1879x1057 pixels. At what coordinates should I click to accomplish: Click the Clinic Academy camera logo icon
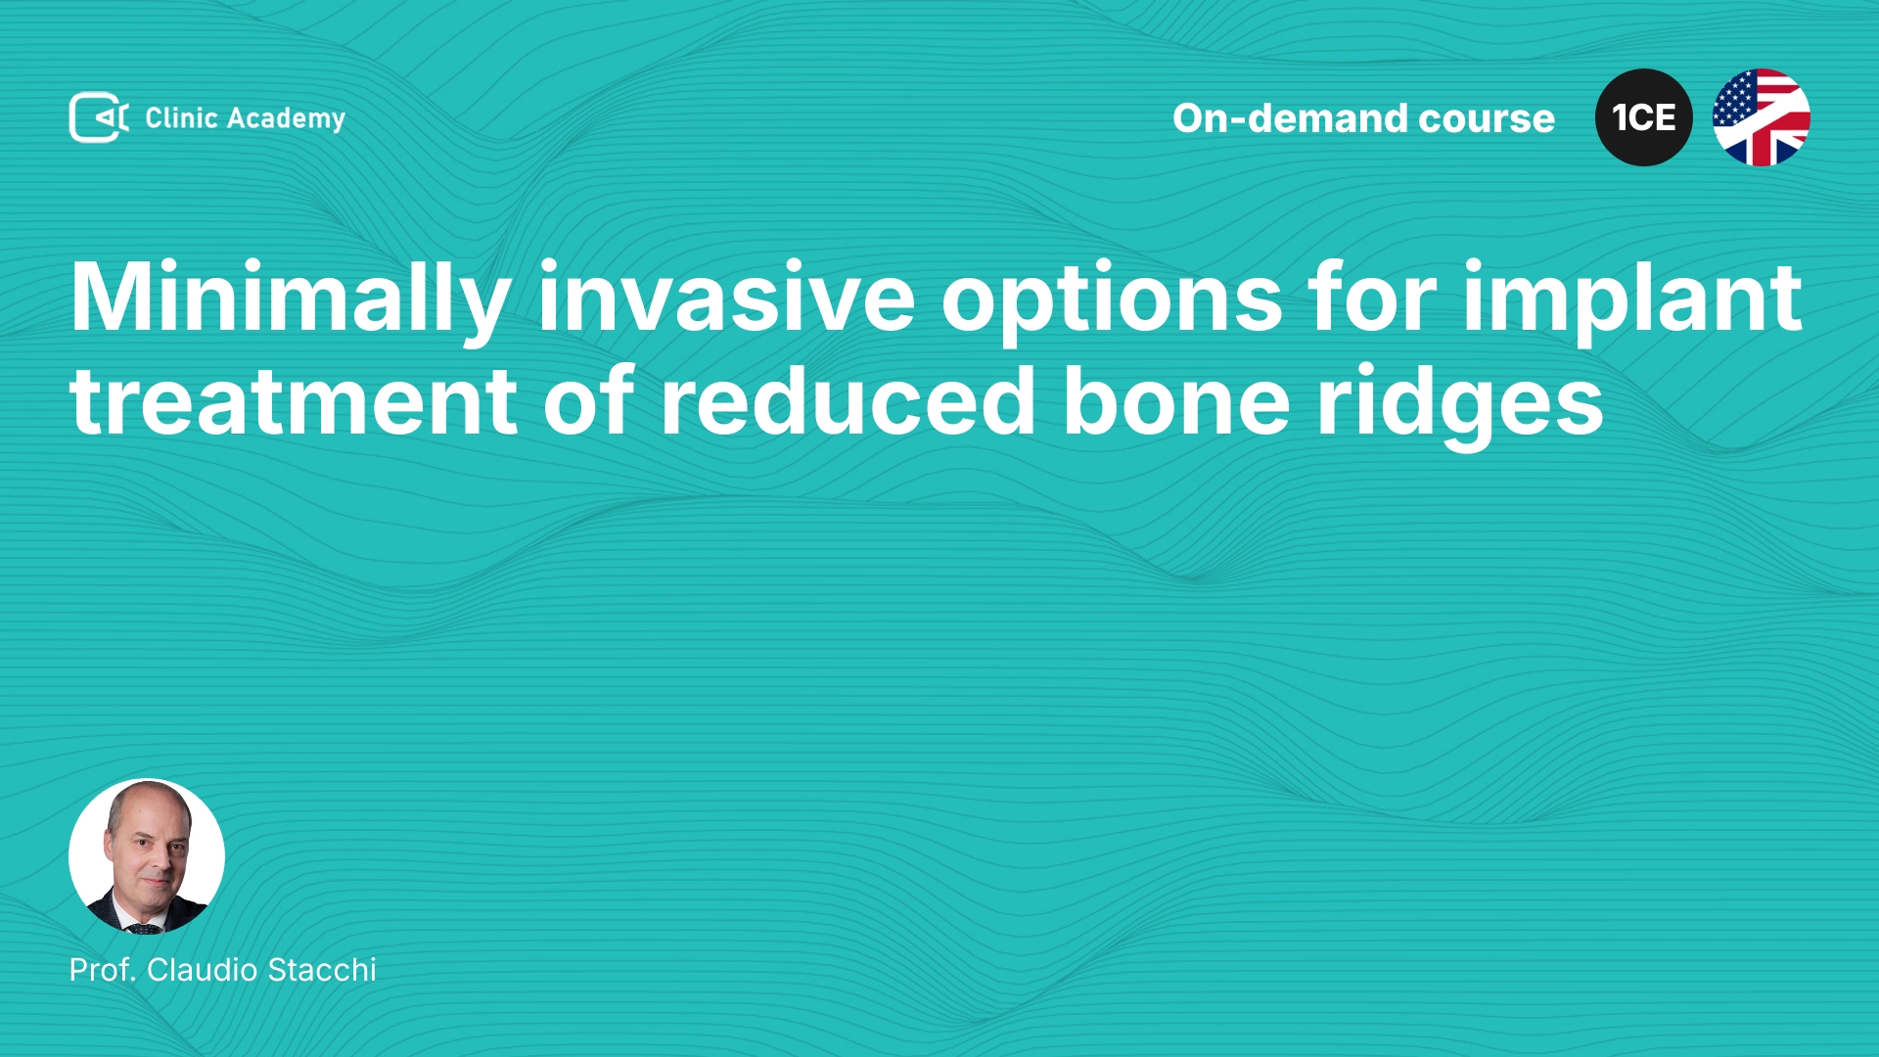coord(99,117)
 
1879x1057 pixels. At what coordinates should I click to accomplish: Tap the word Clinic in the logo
coord(181,117)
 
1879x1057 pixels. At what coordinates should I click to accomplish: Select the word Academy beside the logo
coord(286,119)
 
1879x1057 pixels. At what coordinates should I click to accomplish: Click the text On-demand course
coord(1363,118)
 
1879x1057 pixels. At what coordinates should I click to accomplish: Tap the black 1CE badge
coord(1644,117)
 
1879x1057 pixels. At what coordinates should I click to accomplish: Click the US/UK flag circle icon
coord(1762,117)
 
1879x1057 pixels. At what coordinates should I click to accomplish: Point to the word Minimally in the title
coord(291,299)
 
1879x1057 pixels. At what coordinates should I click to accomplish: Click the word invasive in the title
coord(726,298)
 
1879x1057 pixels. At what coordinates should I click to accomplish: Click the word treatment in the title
coord(294,401)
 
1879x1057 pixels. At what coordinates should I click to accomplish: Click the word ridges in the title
coord(1460,405)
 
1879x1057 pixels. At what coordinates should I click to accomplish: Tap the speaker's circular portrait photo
coord(147,856)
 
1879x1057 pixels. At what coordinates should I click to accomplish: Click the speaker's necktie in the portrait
coord(143,927)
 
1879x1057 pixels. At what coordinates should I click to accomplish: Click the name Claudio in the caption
coord(202,970)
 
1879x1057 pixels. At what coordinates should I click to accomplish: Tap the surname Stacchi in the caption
coord(322,970)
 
